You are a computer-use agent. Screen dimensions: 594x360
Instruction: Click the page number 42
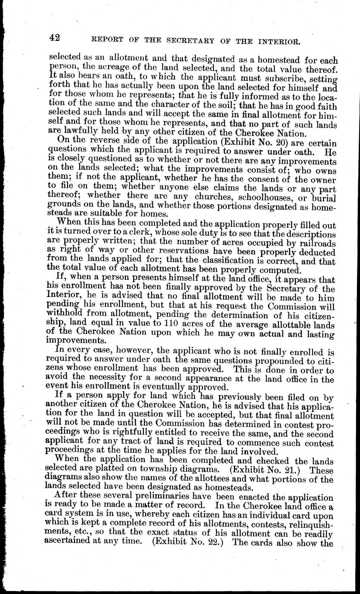[x=54, y=38]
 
